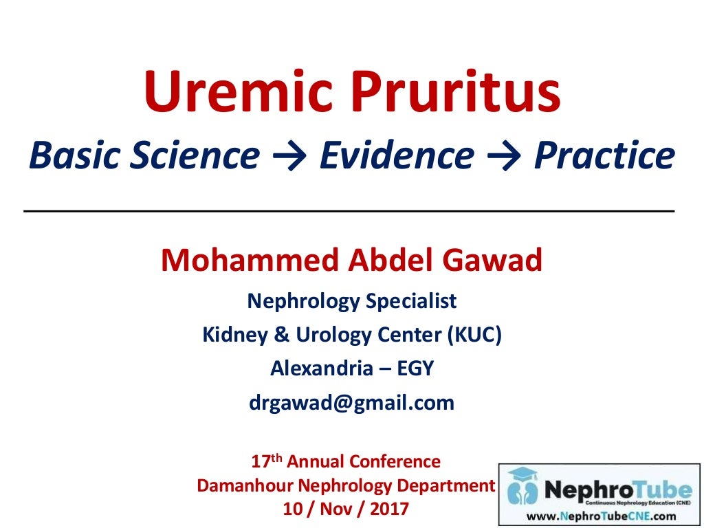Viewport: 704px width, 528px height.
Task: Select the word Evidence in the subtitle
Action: (x=396, y=156)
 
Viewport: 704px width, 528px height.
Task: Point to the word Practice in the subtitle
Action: (x=604, y=156)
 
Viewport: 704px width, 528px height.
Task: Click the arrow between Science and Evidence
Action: (x=289, y=157)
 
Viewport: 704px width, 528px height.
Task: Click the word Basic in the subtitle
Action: (x=71, y=156)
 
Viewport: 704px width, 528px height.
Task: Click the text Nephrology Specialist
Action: (x=351, y=300)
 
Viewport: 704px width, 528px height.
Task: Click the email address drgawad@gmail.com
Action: (x=351, y=402)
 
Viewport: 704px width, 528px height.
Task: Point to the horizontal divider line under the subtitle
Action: (x=349, y=210)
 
